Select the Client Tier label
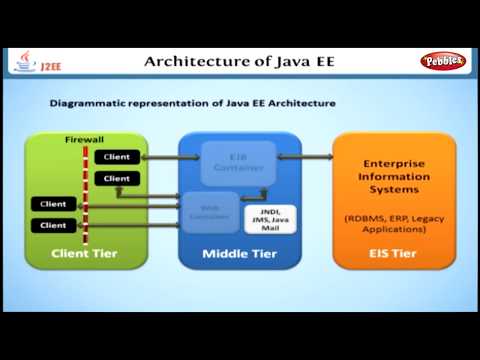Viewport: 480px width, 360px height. coord(84,254)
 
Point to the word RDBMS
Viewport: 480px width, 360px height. coord(363,217)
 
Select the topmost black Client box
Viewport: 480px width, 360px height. coord(116,157)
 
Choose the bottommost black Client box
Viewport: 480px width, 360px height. coord(52,225)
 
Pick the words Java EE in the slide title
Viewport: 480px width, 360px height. coord(306,61)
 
